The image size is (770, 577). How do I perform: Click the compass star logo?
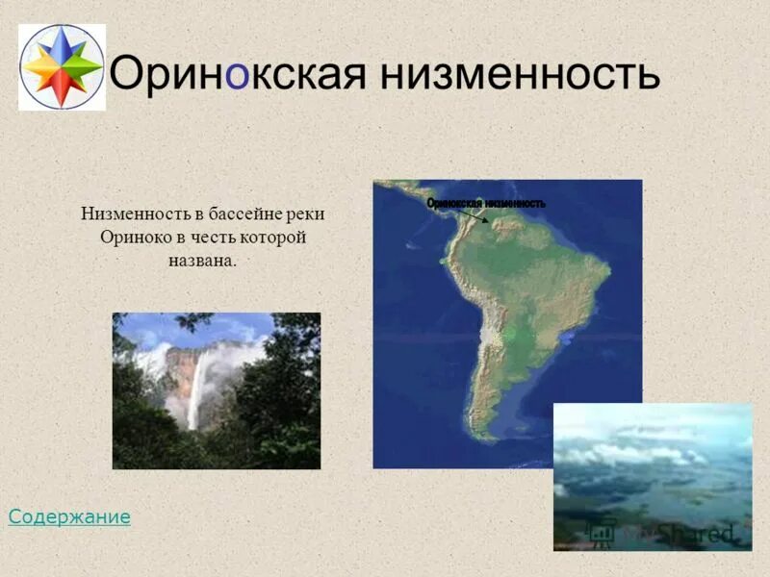[62, 67]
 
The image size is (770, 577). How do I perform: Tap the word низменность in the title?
[520, 72]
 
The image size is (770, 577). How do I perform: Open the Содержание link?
[69, 517]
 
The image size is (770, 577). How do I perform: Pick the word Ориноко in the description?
[134, 238]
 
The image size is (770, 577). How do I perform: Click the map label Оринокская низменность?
[486, 203]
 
